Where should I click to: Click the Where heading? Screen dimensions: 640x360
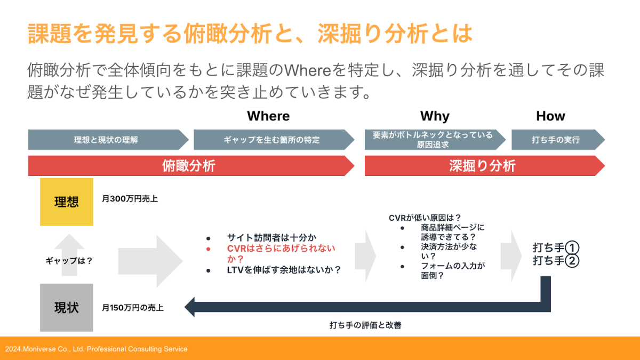tap(268, 116)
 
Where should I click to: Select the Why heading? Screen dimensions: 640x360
tap(435, 117)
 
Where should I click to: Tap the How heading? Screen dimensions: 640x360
tap(550, 116)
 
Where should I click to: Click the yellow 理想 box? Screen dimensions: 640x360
tap(67, 202)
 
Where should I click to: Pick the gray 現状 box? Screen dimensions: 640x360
tap(67, 308)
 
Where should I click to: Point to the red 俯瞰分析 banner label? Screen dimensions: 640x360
tap(189, 166)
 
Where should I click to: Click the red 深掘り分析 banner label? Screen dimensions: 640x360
tap(482, 166)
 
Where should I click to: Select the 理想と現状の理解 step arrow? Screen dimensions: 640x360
tap(108, 140)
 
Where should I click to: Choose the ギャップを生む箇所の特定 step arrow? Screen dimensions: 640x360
tap(274, 140)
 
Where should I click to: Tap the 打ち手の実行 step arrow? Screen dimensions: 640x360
tap(558, 140)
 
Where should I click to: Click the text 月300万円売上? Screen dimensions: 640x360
tap(130, 198)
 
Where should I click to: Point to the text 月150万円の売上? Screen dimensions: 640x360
tap(133, 308)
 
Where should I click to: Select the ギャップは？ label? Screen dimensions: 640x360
tap(69, 261)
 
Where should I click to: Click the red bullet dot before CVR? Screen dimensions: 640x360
tap(209, 249)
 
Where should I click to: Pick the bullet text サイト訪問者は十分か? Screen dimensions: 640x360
tap(271, 237)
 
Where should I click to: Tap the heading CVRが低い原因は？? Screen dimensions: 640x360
tap(425, 218)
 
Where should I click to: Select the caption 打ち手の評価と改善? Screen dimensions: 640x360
tap(365, 325)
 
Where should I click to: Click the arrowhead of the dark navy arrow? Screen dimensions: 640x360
tap(189, 307)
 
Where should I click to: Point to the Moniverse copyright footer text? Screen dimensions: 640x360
tap(97, 349)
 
